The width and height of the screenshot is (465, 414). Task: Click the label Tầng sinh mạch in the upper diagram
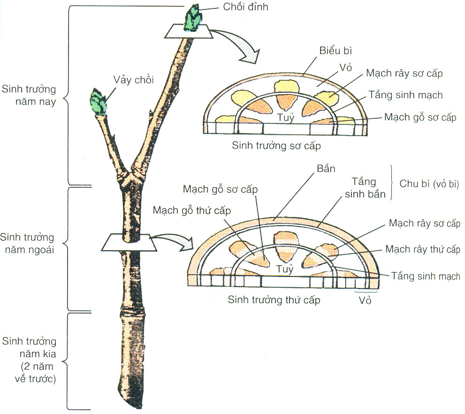(405, 95)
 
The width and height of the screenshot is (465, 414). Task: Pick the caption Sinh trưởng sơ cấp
(276, 146)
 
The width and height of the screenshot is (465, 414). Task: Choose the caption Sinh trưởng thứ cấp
(274, 299)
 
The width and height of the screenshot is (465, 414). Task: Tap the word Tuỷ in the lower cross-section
(284, 269)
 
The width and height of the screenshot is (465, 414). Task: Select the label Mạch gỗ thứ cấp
(192, 210)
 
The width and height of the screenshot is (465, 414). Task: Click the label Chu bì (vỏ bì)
(428, 184)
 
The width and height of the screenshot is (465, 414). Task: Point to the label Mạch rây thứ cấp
(423, 249)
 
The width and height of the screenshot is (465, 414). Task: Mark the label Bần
(326, 169)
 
